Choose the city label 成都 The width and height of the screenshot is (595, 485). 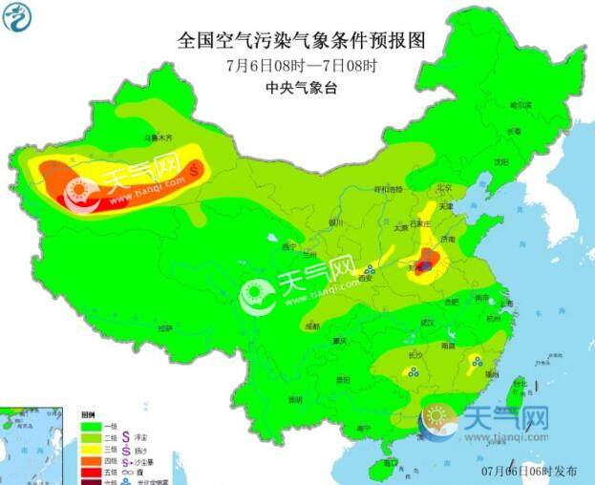pyautogui.click(x=312, y=326)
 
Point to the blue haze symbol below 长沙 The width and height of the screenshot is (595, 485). pyautogui.click(x=414, y=374)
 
